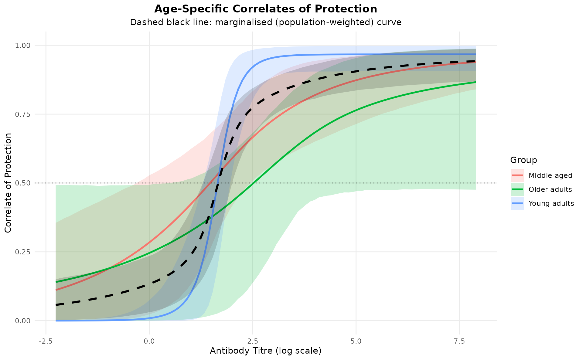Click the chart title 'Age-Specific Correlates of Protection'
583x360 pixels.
click(x=266, y=9)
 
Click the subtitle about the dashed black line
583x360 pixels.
click(x=266, y=22)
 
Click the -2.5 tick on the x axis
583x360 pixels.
click(x=46, y=341)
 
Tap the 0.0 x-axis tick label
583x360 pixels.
click(x=149, y=341)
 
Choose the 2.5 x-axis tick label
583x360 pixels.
click(x=253, y=341)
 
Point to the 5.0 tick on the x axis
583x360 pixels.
click(x=356, y=341)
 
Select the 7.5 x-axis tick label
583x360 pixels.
click(x=459, y=341)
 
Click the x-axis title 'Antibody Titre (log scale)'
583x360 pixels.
click(x=266, y=351)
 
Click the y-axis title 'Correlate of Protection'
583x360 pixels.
click(x=8, y=183)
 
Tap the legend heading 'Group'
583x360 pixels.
click(x=523, y=160)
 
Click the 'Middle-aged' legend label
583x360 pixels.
click(x=550, y=175)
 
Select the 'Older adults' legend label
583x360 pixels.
click(x=550, y=189)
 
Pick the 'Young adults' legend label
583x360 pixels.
click(x=551, y=203)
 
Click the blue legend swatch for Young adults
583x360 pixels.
click(x=517, y=203)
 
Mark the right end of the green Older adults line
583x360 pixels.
click(x=476, y=82)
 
